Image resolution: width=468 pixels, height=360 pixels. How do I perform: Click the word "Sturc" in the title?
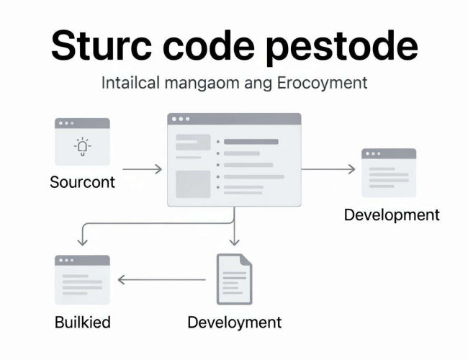tap(102, 45)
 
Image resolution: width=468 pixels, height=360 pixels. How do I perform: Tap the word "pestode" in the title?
tap(341, 48)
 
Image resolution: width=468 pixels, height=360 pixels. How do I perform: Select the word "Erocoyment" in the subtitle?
tap(322, 84)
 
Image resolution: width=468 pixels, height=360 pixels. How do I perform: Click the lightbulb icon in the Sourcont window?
tap(82, 147)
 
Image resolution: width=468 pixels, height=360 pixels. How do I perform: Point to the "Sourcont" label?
tap(82, 182)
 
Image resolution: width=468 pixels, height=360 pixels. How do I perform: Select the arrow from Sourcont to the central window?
tap(143, 169)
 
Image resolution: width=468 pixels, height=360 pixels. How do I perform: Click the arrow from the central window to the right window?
tap(328, 169)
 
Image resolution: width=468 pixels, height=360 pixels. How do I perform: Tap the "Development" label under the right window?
tap(392, 215)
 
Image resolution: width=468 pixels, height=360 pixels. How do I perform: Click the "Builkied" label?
tap(83, 323)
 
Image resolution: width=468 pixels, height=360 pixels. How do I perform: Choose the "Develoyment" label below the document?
tap(234, 323)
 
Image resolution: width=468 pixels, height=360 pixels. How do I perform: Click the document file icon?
tap(234, 279)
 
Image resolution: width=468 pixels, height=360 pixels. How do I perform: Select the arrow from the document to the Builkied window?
tap(162, 279)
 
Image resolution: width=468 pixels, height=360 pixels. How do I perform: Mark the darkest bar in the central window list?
tap(251, 142)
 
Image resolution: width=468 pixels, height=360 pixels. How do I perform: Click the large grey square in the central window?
tap(193, 184)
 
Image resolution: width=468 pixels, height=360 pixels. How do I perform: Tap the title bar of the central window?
tap(234, 119)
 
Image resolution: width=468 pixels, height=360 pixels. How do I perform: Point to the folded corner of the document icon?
tap(246, 259)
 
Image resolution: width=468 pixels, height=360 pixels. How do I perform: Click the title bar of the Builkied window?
tap(82, 261)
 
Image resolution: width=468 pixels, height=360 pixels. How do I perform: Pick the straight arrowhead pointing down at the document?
tap(234, 242)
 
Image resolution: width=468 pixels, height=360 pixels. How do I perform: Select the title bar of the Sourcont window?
tap(82, 123)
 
